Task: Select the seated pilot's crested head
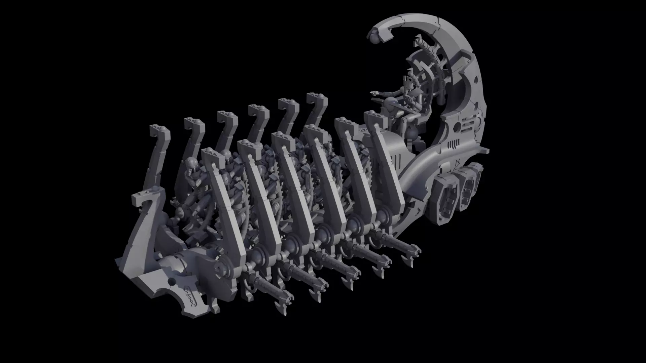pos(409,79)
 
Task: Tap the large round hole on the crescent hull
pos(457,127)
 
